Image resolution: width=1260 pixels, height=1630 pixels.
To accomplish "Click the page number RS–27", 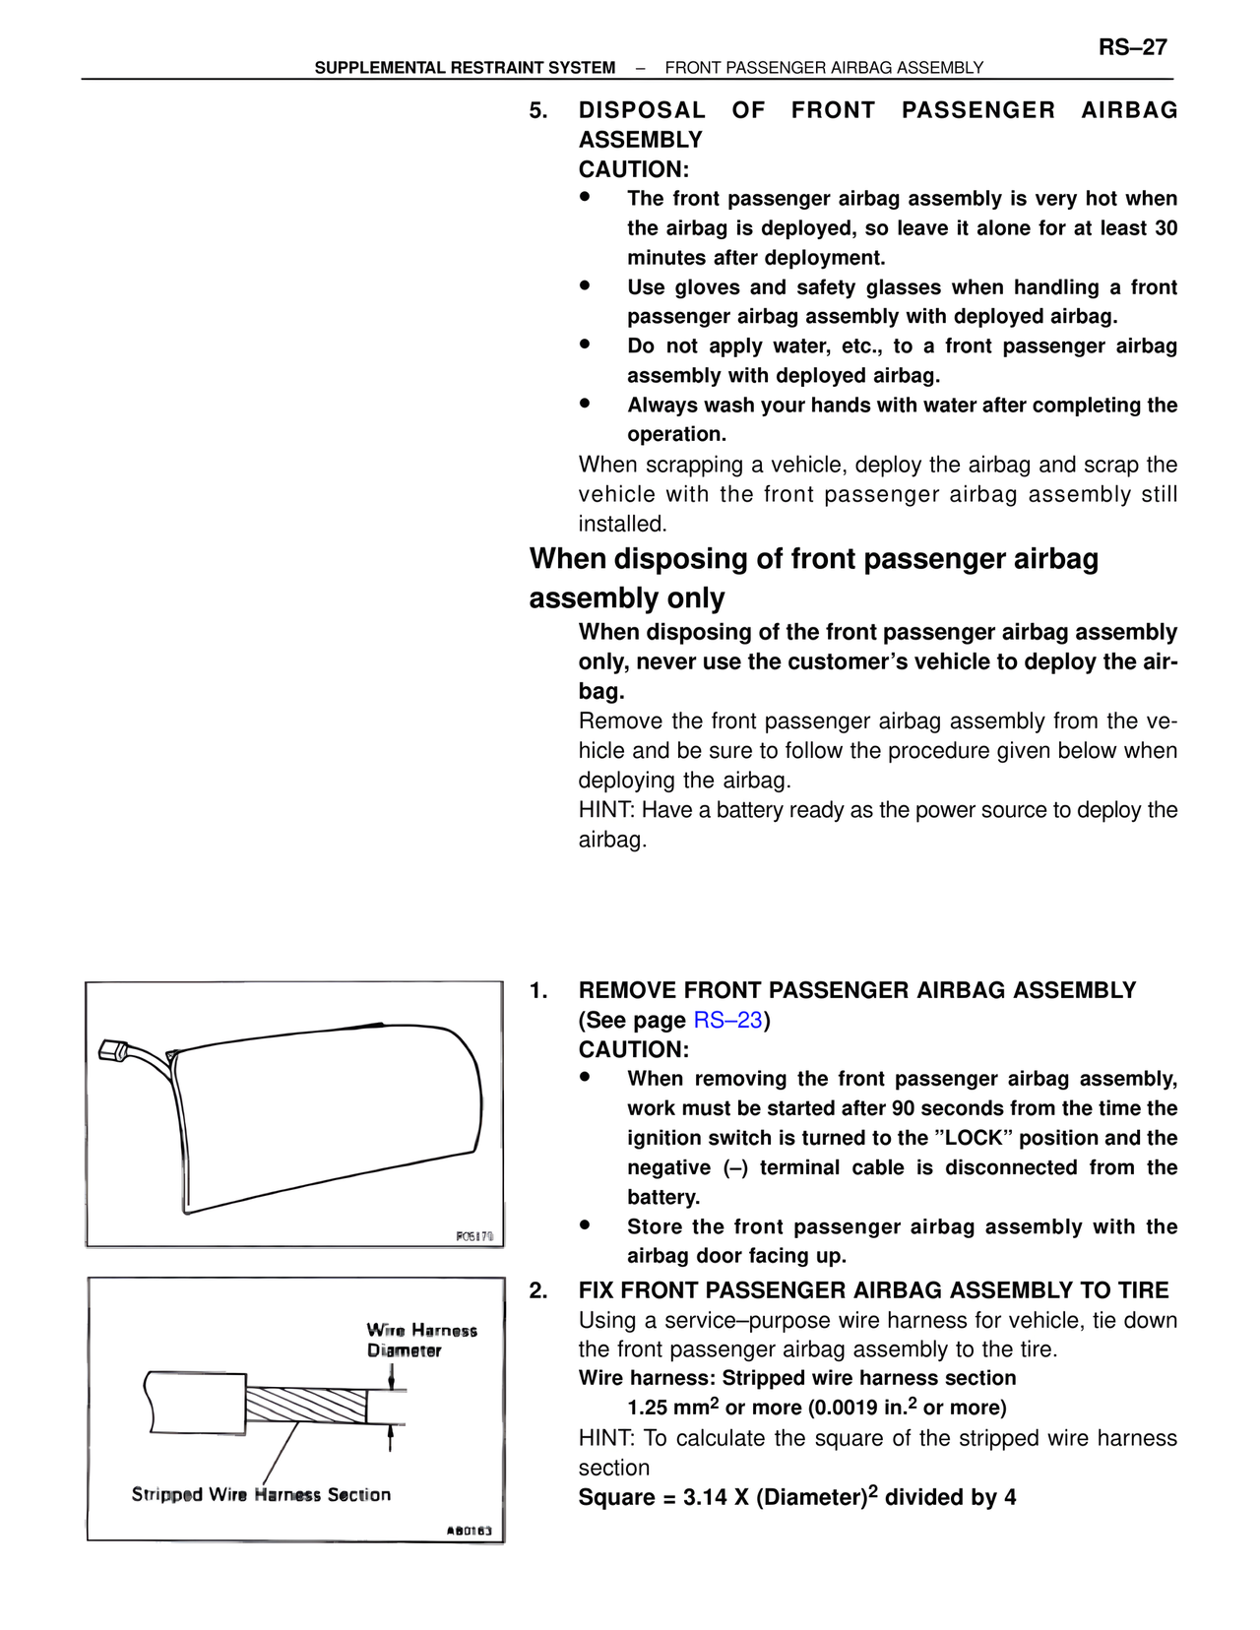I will pyautogui.click(x=1132, y=47).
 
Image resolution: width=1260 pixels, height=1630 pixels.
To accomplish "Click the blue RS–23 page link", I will pyautogui.click(x=727, y=1020).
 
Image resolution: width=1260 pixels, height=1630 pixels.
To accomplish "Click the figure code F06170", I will pyautogui.click(x=474, y=1236).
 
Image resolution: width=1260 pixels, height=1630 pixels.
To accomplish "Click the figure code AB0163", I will pyautogui.click(x=469, y=1531).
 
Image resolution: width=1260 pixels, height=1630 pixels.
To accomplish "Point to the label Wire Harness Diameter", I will pyautogui.click(x=420, y=1341).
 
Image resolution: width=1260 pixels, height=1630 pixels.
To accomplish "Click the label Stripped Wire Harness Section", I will pyautogui.click(x=261, y=1494).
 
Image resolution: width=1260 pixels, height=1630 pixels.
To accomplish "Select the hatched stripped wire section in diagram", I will pyautogui.click(x=305, y=1405).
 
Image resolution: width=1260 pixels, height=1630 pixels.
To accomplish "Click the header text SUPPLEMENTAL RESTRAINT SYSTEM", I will pyautogui.click(x=465, y=68).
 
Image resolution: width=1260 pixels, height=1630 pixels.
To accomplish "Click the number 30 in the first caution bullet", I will pyautogui.click(x=1165, y=228).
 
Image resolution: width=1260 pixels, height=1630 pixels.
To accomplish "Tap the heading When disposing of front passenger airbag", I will pyautogui.click(x=813, y=559).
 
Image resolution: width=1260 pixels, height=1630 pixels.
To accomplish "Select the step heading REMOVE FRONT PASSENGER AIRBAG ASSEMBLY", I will pyautogui.click(x=856, y=990).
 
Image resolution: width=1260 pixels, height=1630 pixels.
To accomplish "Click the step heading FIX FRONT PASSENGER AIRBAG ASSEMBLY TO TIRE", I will pyautogui.click(x=873, y=1290).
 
